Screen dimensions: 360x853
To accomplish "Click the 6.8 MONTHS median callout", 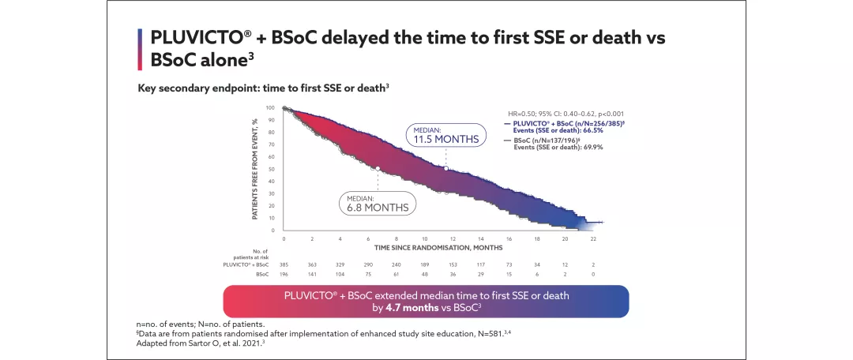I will [378, 203].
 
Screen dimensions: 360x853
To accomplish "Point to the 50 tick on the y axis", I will [271, 169].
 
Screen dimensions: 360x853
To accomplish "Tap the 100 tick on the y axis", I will [270, 107].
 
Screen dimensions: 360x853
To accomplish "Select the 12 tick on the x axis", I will [453, 238].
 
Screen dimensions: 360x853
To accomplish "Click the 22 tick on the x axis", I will [593, 238].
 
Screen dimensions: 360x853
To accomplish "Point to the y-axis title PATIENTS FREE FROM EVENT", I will [255, 169].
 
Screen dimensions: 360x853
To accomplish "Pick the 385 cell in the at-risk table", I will [284, 265].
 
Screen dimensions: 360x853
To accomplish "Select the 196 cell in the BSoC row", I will [284, 275].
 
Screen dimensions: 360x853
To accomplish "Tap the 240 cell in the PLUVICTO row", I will [396, 265].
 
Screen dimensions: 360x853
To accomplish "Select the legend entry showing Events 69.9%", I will [547, 147].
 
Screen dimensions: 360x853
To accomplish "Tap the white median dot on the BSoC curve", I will [378, 168].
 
